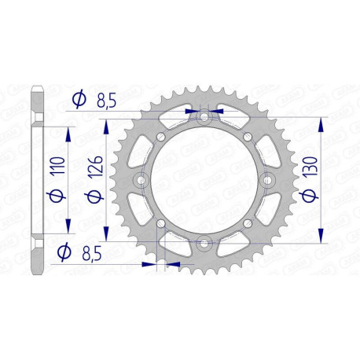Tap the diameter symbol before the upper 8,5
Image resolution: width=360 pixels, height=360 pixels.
click(x=79, y=100)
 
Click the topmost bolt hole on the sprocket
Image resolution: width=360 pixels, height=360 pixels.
click(x=204, y=119)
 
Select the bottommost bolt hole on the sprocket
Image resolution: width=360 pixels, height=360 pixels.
click(x=204, y=243)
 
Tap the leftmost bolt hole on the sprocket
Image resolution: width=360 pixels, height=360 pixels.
click(x=142, y=181)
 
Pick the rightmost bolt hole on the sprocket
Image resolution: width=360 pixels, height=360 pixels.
click(x=266, y=181)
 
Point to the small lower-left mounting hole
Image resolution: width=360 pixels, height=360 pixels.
click(x=161, y=224)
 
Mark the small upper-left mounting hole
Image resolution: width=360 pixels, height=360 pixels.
click(x=161, y=138)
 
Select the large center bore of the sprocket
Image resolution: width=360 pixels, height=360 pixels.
click(x=204, y=181)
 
